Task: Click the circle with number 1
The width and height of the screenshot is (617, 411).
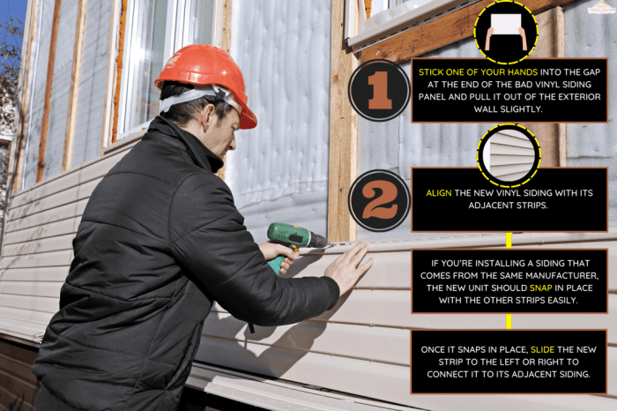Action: tap(379, 91)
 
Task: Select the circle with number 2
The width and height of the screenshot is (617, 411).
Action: tap(379, 200)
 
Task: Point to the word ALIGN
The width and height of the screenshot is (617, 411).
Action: tap(441, 193)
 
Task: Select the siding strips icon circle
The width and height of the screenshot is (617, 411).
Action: tap(509, 155)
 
